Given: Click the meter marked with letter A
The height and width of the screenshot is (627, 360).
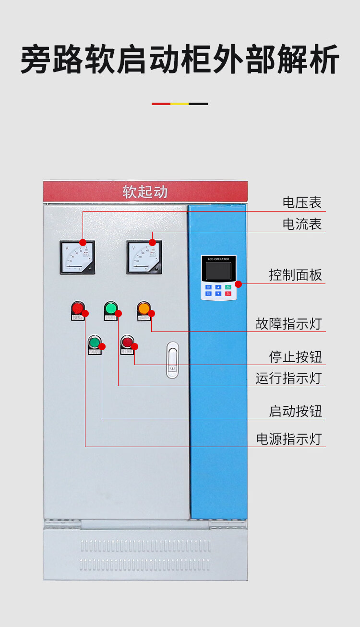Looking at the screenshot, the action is click(x=77, y=257).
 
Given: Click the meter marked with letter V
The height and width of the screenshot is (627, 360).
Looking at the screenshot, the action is click(x=144, y=257).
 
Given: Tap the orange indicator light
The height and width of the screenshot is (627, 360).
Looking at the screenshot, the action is click(x=144, y=308).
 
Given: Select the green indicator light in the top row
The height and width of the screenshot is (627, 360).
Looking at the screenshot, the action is click(x=111, y=308).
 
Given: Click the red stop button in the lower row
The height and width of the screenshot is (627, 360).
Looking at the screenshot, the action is click(x=127, y=342).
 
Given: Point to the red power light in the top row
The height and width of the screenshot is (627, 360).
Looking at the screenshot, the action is click(x=78, y=308).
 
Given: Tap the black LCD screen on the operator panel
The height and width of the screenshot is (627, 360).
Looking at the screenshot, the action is click(x=218, y=272).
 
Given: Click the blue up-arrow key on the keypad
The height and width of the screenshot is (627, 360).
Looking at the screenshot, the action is click(x=218, y=287).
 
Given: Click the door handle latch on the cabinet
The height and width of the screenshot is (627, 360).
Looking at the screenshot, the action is click(x=172, y=360).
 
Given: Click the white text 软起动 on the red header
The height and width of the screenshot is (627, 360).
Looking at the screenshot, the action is click(x=145, y=192).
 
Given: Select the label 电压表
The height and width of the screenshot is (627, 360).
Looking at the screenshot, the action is click(x=302, y=202).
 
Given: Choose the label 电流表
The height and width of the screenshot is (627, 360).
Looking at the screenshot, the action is click(x=302, y=224).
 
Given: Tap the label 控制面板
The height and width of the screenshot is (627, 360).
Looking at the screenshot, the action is click(x=295, y=275).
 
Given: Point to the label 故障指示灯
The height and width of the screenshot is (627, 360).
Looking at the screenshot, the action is click(x=288, y=324).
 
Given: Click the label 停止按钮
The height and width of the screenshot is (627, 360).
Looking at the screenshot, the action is click(x=295, y=357).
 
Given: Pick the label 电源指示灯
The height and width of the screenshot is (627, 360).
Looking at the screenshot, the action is click(x=288, y=439).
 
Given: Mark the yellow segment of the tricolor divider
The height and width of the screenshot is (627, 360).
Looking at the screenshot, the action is click(x=180, y=104).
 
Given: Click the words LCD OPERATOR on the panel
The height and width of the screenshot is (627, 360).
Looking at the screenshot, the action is click(x=218, y=259).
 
